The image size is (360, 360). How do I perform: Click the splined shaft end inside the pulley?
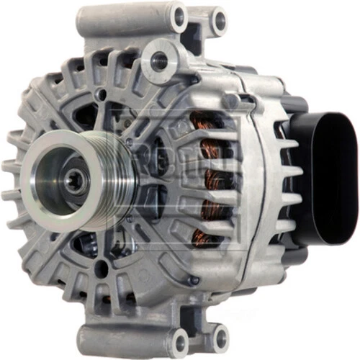coord(73,181)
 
